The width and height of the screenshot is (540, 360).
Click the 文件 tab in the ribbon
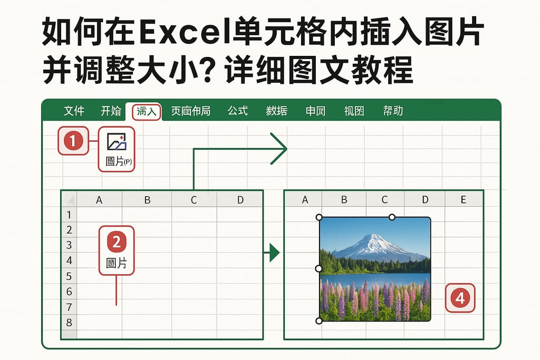pos(74,111)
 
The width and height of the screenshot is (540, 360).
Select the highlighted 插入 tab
pos(146,111)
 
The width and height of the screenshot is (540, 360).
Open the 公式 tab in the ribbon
pos(238,111)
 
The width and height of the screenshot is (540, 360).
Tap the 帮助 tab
pos(393,111)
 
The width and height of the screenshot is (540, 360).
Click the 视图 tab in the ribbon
pos(354,111)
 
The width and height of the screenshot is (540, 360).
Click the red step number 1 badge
pos(73,141)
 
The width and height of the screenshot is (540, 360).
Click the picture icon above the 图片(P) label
pos(117,141)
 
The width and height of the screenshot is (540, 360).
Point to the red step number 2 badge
pos(117,242)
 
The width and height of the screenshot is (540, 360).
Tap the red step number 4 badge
pos(460,298)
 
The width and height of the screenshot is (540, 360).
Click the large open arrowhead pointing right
pos(278,149)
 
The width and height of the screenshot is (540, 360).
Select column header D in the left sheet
pos(240,199)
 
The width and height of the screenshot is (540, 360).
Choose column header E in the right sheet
pos(464,199)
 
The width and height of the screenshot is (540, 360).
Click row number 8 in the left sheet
pos(69,322)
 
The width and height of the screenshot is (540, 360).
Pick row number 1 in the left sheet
pos(69,215)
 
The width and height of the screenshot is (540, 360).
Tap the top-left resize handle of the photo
pos(319,217)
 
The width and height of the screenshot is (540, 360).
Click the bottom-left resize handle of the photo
pos(319,320)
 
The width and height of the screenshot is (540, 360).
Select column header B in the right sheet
pos(344,199)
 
